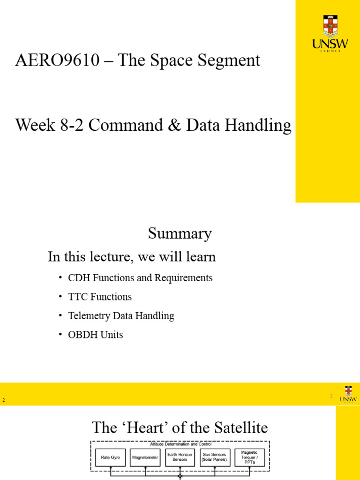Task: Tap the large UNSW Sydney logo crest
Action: [330, 26]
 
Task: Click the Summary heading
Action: [180, 233]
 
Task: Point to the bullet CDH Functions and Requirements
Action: [140, 278]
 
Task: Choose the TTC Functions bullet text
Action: [100, 297]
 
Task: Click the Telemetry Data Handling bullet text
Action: [121, 316]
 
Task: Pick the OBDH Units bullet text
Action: [96, 335]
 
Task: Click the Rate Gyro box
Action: [110, 457]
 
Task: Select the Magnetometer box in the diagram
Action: [145, 457]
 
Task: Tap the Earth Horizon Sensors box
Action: [180, 457]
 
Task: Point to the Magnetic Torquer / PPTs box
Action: [249, 457]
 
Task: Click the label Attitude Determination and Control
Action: [180, 444]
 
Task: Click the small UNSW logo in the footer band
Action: [348, 394]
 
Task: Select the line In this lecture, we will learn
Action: [132, 257]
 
